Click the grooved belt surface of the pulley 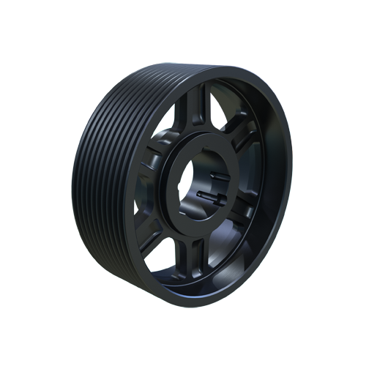[x=102, y=168]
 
